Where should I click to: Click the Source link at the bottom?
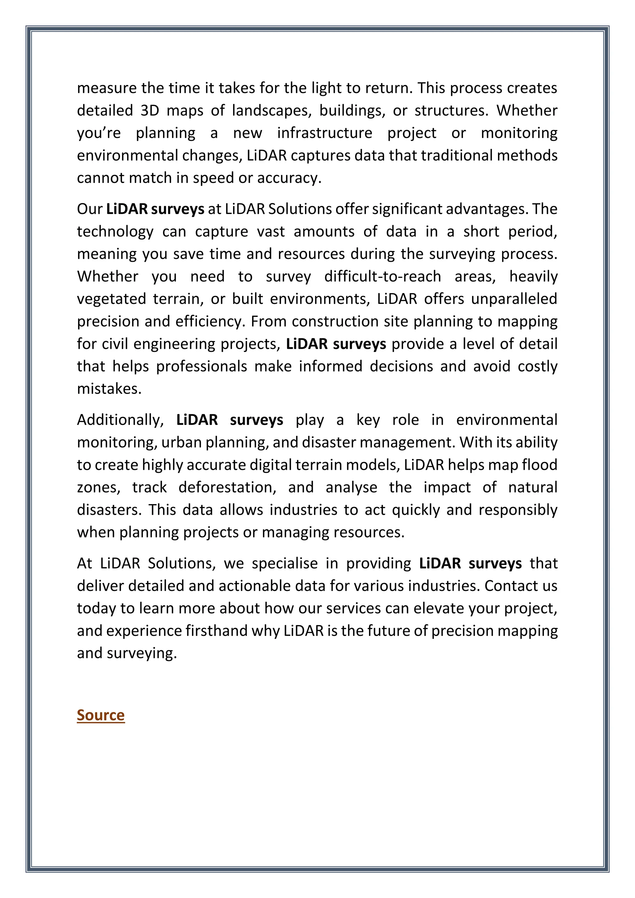[100, 715]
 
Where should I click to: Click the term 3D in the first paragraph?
[149, 111]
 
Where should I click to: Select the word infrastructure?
[325, 133]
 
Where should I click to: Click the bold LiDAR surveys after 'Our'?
[155, 209]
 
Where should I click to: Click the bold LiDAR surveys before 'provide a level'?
[335, 344]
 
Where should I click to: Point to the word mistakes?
[109, 389]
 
